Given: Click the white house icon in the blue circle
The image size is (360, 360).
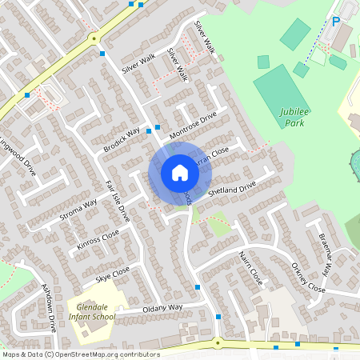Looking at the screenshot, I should click(x=179, y=172).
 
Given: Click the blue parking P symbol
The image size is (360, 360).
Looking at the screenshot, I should click(x=336, y=22).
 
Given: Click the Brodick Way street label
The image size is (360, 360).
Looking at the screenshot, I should click(x=121, y=139).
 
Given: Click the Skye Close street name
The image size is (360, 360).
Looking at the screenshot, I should click(x=112, y=275).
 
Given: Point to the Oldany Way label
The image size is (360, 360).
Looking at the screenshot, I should click(x=163, y=307).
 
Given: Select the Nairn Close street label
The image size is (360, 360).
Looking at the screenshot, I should click(x=250, y=266).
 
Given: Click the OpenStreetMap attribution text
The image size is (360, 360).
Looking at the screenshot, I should click(x=81, y=354).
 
